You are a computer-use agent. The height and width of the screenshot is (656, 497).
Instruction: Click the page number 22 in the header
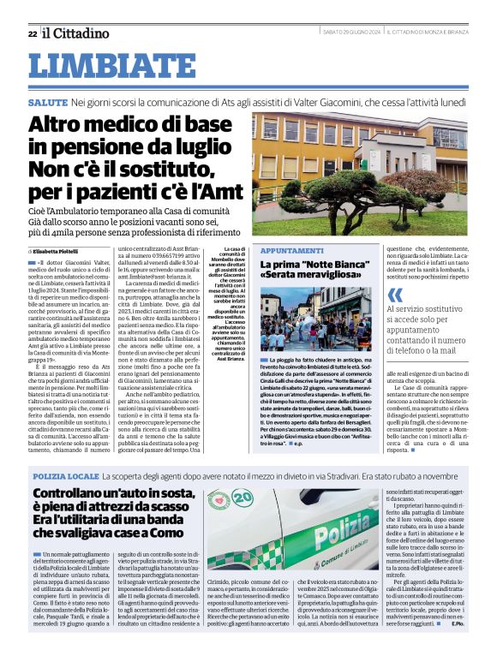(32, 33)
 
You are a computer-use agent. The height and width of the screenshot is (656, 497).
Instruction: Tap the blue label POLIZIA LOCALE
(64, 474)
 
